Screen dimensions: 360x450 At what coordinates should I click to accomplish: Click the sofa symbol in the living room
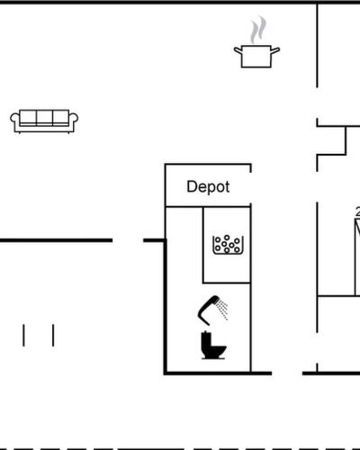[x=44, y=121]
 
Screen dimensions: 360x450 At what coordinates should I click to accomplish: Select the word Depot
[x=208, y=187]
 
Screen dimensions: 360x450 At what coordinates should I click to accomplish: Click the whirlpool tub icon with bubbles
[x=228, y=245]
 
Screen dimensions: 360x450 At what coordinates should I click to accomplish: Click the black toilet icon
[x=213, y=346]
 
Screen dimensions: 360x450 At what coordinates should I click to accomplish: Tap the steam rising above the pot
[x=258, y=30]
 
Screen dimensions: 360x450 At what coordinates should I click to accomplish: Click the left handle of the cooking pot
[x=238, y=51]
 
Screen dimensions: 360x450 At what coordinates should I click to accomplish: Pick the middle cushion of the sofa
[x=44, y=117]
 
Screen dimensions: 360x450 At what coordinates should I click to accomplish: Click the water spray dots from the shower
[x=223, y=309]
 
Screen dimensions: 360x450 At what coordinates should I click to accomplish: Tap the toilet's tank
[x=206, y=339]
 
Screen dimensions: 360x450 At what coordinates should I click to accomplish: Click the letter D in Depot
[x=191, y=186]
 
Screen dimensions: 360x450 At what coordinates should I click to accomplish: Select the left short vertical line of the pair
[x=23, y=335]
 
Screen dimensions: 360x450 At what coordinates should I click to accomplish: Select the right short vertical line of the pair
[x=53, y=335]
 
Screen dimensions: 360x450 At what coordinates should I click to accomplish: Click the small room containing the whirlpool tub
[x=227, y=245]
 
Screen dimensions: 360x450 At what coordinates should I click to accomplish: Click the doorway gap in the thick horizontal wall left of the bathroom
[x=128, y=240]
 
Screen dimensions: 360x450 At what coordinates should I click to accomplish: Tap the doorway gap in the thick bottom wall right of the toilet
[x=287, y=373]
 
